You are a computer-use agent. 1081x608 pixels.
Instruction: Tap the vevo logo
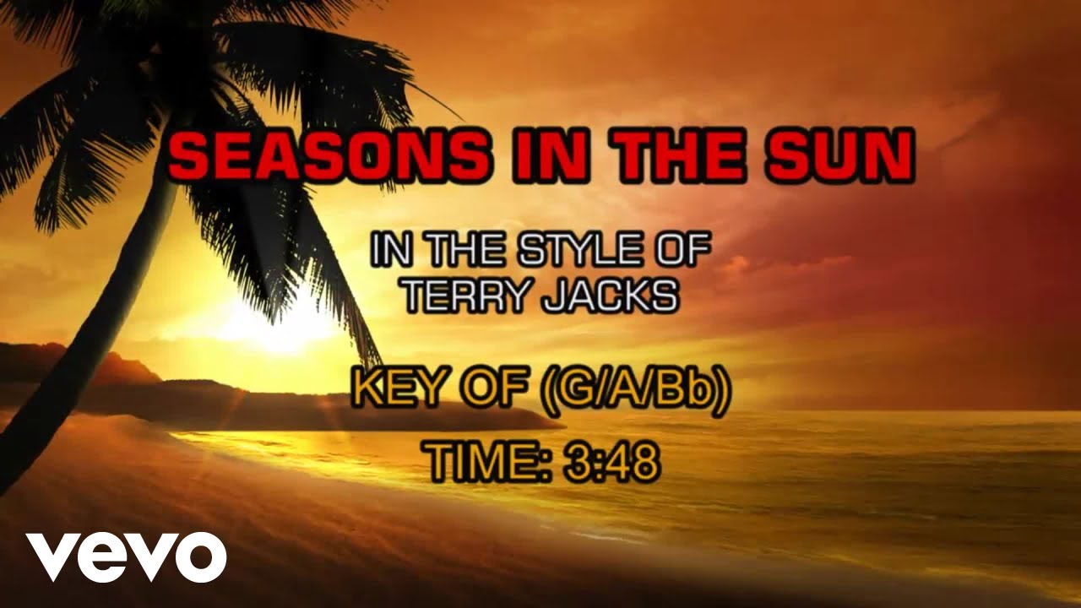click(126, 556)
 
